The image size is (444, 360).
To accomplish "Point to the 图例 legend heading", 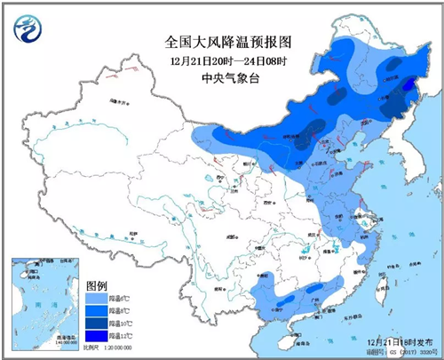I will (x=97, y=286).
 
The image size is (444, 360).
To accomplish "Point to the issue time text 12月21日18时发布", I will (x=396, y=340).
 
